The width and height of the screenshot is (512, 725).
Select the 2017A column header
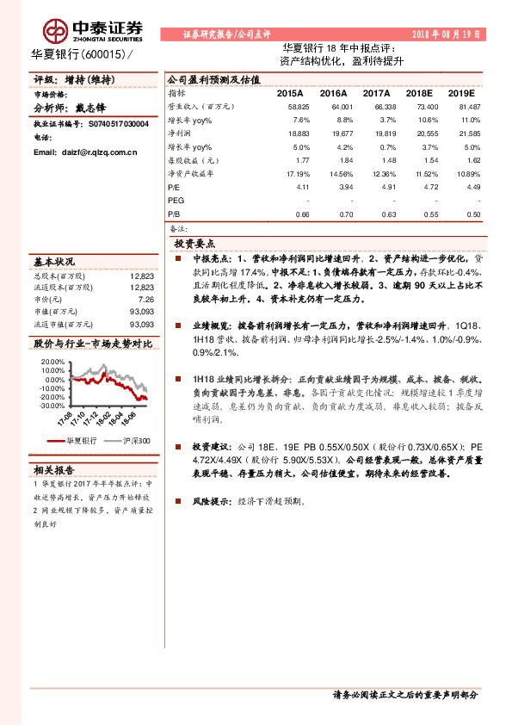tap(376, 92)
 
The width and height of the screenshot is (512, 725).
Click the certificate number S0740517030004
tap(117, 124)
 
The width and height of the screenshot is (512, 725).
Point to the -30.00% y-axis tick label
tap(51, 406)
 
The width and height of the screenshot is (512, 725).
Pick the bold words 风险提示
tap(212, 499)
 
